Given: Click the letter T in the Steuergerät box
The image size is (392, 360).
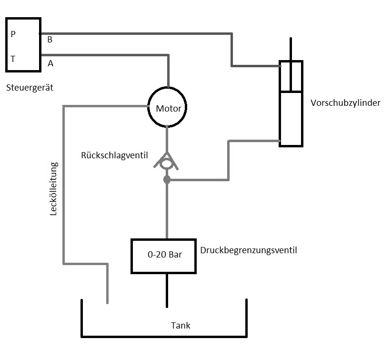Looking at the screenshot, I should pos(13,59).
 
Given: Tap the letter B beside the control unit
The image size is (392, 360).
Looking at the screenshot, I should pos(50,40).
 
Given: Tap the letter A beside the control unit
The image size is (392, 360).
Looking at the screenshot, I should pos(50,63).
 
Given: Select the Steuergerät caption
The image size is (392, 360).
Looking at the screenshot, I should pos(30,88).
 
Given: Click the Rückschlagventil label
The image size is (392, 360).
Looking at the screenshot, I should pos(115,155).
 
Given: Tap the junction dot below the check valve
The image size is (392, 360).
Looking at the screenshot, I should pos(167,180).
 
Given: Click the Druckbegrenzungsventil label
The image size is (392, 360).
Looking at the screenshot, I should pos(249,250).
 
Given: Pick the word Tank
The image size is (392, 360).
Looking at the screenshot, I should pos(181,326).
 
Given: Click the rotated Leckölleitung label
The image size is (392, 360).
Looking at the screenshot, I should pos(53,189).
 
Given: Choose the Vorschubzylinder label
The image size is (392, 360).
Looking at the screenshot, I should pos(345,103).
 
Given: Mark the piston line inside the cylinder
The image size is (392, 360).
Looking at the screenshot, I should pos(291,91).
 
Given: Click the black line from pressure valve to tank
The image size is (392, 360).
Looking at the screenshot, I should pos(167,289).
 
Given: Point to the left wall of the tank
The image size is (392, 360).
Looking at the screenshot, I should pos(82,318).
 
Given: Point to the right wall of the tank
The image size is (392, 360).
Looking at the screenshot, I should pos(246,318).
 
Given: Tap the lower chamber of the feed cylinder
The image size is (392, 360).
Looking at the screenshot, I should pos(291,118).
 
